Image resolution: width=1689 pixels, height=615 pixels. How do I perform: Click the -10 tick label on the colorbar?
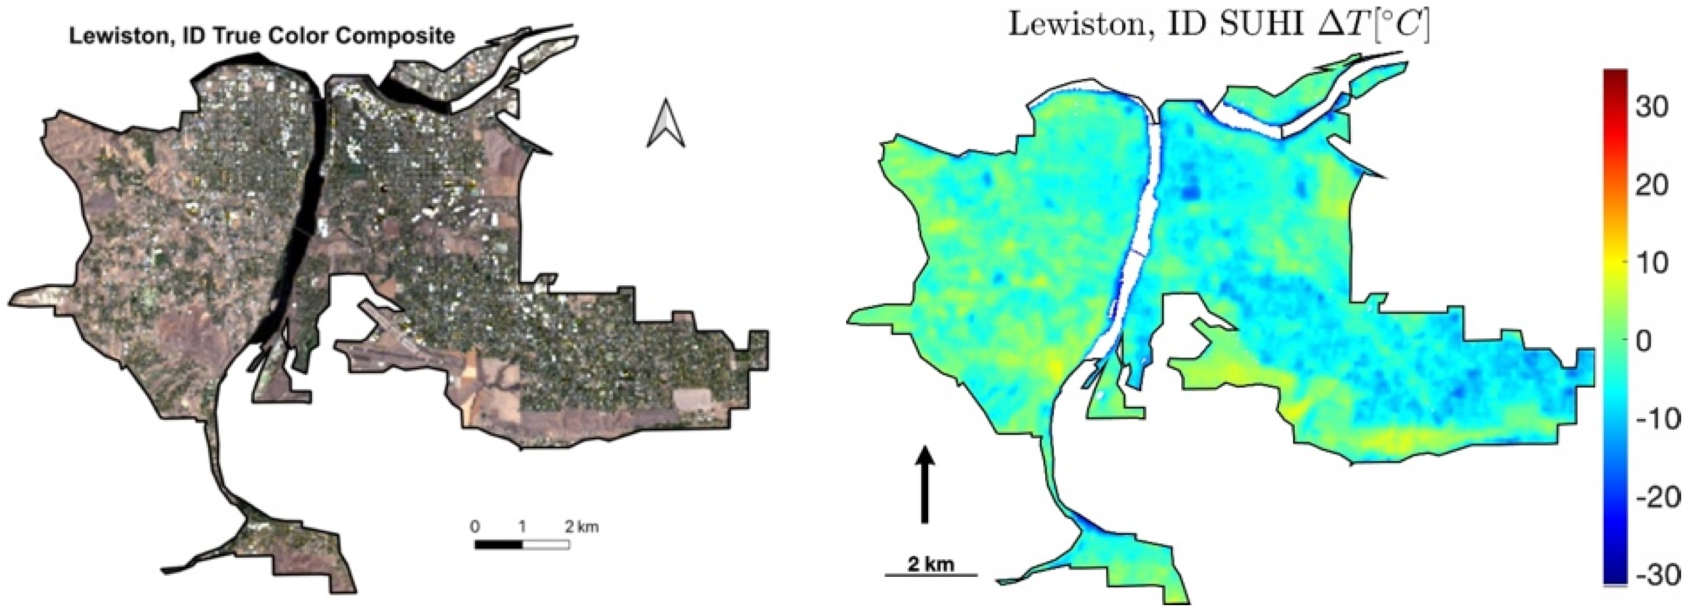[1655, 419]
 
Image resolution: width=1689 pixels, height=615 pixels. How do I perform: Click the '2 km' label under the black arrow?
[930, 564]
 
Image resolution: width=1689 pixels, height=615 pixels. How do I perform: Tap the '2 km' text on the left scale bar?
[581, 527]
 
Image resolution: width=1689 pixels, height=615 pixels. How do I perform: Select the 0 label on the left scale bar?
[475, 527]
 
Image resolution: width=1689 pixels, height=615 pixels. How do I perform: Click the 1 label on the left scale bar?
[522, 527]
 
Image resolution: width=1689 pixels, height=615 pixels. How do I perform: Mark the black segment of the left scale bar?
[499, 545]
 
